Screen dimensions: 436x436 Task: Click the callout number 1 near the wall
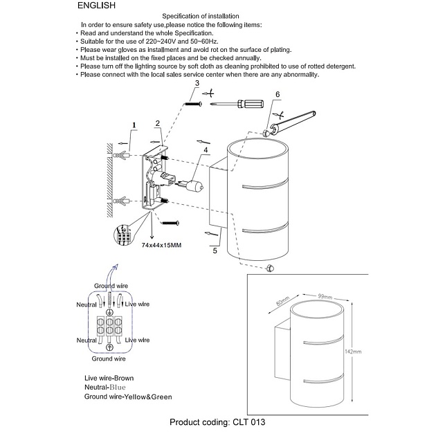(x=134, y=125)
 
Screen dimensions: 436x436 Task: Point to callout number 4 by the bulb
(x=206, y=151)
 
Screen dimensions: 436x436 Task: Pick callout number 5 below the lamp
(x=215, y=251)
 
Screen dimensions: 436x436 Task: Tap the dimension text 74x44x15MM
(x=161, y=246)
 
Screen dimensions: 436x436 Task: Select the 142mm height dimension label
(x=353, y=352)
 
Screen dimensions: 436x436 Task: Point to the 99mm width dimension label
(x=326, y=296)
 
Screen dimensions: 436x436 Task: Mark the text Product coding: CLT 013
(x=217, y=421)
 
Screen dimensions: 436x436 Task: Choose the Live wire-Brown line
(x=109, y=378)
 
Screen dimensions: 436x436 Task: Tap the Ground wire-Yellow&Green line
(x=128, y=397)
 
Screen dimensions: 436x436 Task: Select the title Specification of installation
(x=200, y=16)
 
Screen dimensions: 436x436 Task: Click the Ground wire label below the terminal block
(x=109, y=358)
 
